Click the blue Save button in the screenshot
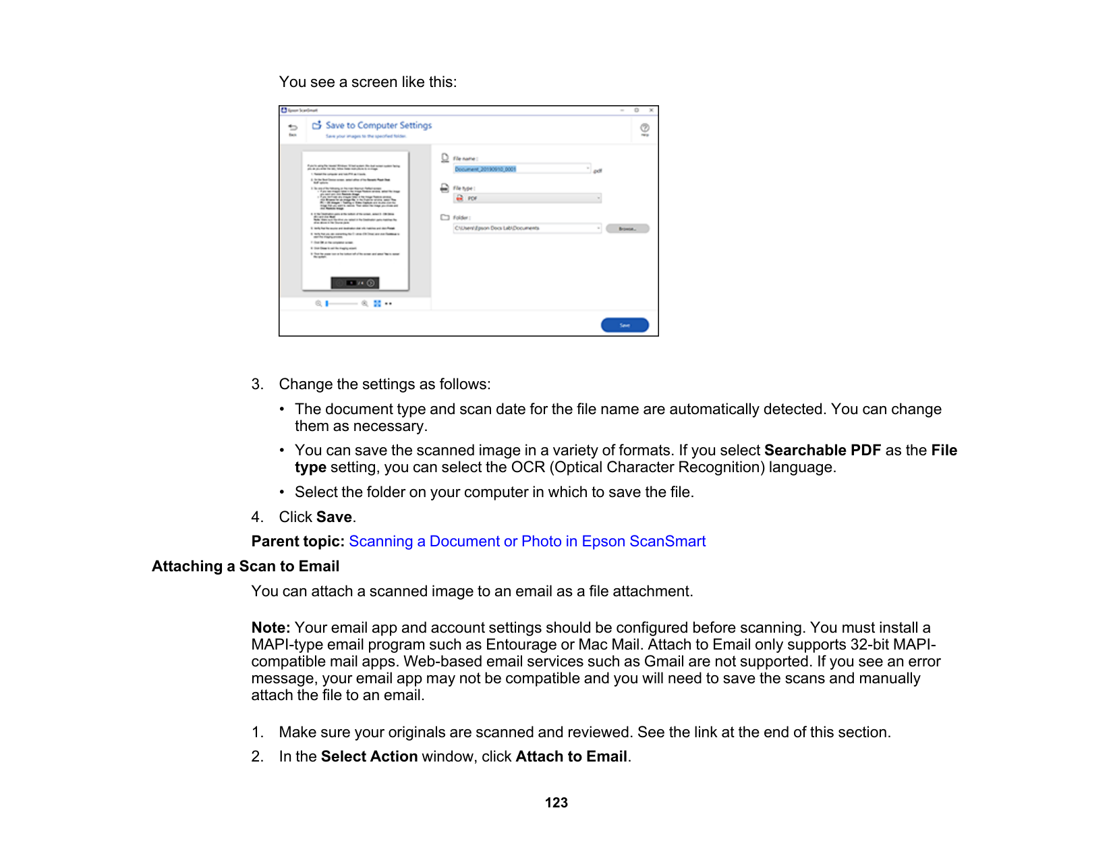click(625, 325)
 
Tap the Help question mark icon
click(645, 128)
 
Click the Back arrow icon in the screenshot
click(293, 127)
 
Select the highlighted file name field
click(521, 169)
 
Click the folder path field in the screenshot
click(526, 229)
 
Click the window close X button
click(651, 110)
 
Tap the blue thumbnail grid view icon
click(377, 304)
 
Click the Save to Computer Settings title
click(378, 125)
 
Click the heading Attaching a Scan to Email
click(246, 567)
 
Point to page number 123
click(556, 803)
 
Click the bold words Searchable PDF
click(822, 451)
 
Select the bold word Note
click(270, 628)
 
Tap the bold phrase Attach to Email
click(571, 757)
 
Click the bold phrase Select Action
click(369, 757)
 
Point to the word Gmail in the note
click(664, 662)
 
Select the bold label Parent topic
click(297, 542)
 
